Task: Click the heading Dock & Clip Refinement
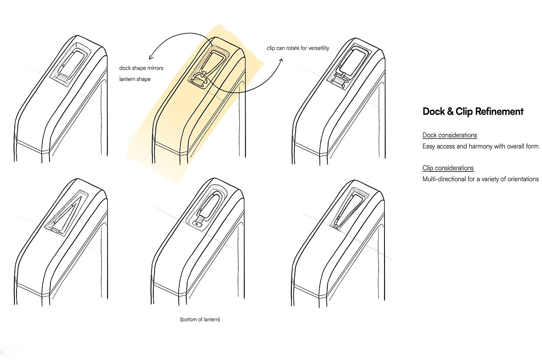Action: point(473,112)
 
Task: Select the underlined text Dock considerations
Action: point(450,136)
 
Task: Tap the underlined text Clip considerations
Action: point(448,168)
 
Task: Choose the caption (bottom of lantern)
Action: point(200,320)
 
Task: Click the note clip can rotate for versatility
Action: point(298,48)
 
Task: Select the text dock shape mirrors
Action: point(141,68)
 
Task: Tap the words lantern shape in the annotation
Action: point(135,79)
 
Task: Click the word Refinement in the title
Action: point(499,112)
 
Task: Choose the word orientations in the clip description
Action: point(522,179)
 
